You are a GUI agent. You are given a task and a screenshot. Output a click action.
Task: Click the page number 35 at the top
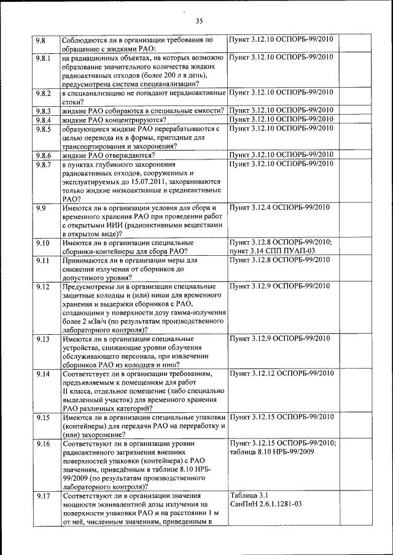click(x=199, y=21)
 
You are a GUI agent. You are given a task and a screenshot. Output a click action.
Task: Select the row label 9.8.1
click(x=42, y=57)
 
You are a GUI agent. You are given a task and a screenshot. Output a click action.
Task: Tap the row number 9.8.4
click(x=42, y=120)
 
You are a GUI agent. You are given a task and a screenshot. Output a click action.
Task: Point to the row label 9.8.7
click(x=42, y=164)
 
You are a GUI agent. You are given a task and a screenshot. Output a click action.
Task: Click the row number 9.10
click(x=42, y=243)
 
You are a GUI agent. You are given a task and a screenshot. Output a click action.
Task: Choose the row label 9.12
click(x=42, y=286)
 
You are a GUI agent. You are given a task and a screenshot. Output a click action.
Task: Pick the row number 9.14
click(x=42, y=373)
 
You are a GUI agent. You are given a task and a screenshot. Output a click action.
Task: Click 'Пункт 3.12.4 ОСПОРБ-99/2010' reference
click(x=279, y=208)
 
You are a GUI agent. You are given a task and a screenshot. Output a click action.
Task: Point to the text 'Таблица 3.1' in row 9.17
click(x=249, y=495)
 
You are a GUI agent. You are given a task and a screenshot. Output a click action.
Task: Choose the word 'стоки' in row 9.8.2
click(x=73, y=102)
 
